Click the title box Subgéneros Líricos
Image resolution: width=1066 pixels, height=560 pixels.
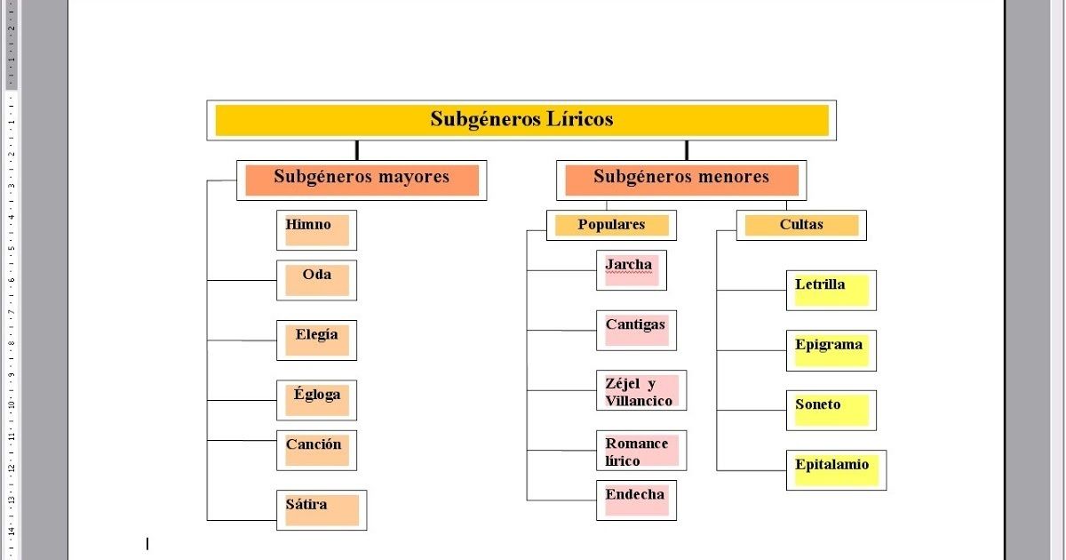(521, 120)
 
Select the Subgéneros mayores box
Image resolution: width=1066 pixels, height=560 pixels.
(362, 180)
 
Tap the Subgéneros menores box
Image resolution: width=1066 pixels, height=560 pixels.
(681, 180)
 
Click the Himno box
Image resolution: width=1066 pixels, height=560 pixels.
(316, 230)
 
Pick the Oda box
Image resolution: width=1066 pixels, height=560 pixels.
(316, 280)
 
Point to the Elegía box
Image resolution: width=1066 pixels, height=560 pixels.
(316, 340)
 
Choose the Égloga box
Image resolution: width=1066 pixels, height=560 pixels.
(316, 400)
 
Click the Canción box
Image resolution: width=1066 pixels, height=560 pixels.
(316, 450)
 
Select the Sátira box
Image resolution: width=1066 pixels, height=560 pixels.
(322, 509)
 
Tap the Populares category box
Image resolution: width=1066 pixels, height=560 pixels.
(611, 225)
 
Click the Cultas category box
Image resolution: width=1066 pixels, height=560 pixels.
(801, 225)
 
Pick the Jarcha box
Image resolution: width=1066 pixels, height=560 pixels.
(631, 270)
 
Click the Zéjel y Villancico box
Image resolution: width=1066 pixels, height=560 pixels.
(641, 390)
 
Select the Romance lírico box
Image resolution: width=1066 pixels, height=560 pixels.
(641, 450)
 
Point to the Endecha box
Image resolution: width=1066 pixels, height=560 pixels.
(636, 500)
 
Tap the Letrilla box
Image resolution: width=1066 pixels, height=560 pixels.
(831, 290)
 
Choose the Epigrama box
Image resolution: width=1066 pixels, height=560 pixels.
(831, 350)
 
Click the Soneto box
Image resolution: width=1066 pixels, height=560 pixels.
(831, 410)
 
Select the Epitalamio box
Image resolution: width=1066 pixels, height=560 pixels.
(836, 469)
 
